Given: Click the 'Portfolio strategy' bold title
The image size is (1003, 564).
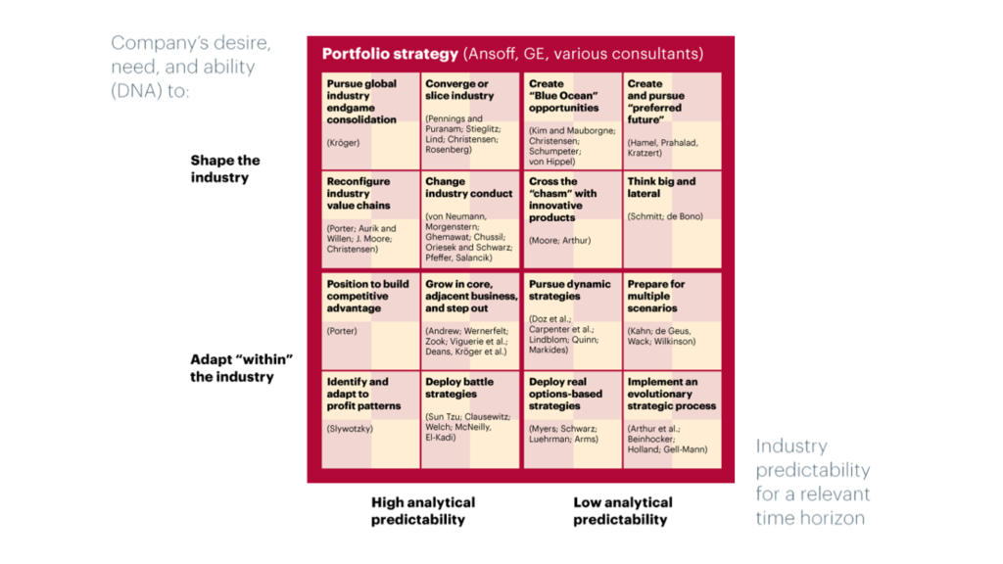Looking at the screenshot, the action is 390,54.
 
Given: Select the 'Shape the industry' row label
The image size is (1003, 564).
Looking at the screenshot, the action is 225,168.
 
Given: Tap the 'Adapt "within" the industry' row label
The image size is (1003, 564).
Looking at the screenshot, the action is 241,368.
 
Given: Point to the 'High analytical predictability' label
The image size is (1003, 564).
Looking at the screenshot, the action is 423,511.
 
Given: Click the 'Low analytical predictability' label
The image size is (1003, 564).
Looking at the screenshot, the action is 622,511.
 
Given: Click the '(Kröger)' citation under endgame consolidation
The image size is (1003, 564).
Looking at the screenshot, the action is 343,143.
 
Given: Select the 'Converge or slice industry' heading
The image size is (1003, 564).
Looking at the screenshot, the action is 459,89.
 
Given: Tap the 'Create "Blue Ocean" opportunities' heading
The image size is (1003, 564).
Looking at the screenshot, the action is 563,96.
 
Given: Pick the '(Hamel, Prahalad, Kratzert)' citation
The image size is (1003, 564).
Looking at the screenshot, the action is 663,148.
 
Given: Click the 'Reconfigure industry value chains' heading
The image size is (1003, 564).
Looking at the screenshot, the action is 358,194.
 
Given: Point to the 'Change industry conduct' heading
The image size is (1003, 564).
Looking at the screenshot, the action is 469,187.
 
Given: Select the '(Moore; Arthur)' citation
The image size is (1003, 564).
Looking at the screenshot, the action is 559,241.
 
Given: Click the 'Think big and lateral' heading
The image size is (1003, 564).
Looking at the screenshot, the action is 661,187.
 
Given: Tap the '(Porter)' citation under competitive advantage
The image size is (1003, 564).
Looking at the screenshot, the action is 342,331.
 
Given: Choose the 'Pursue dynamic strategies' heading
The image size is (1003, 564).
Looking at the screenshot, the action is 569,290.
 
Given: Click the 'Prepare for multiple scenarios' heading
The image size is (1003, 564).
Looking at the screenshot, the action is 655,296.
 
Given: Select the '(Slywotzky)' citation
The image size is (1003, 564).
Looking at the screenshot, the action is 350,429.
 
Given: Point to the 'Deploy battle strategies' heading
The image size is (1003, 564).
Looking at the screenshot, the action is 459,388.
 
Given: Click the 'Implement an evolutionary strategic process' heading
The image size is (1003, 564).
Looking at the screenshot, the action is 672,394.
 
